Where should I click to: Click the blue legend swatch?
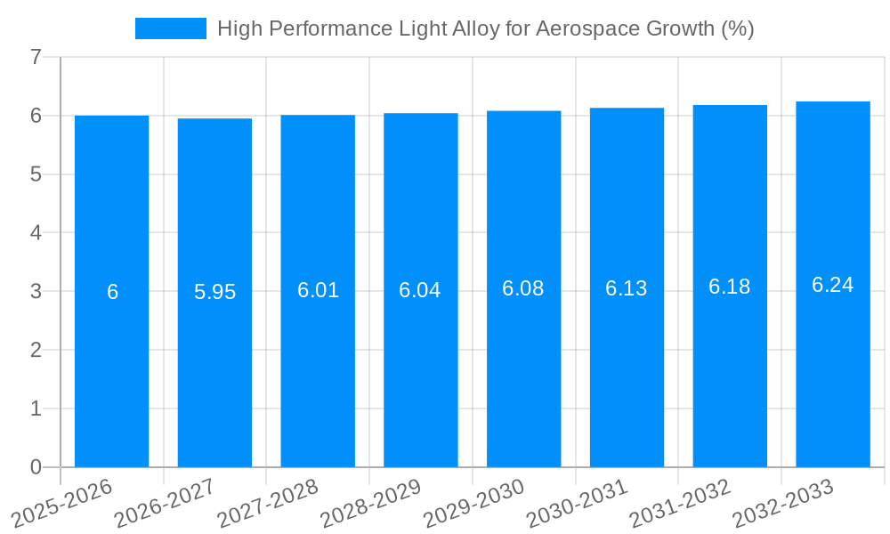(x=170, y=28)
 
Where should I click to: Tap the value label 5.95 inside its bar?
(x=214, y=292)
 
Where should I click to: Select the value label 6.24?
(x=832, y=285)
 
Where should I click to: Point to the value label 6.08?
(x=523, y=289)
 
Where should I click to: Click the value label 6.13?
(x=627, y=288)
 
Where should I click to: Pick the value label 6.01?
(x=318, y=290)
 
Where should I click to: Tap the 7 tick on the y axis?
(x=36, y=57)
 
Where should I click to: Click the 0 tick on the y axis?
(x=36, y=467)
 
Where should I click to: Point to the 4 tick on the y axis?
(x=36, y=233)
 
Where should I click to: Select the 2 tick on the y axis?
(x=36, y=350)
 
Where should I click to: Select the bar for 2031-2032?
(x=730, y=374)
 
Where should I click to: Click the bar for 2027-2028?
(x=318, y=374)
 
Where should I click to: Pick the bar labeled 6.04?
(x=421, y=374)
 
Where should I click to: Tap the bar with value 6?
(x=111, y=374)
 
